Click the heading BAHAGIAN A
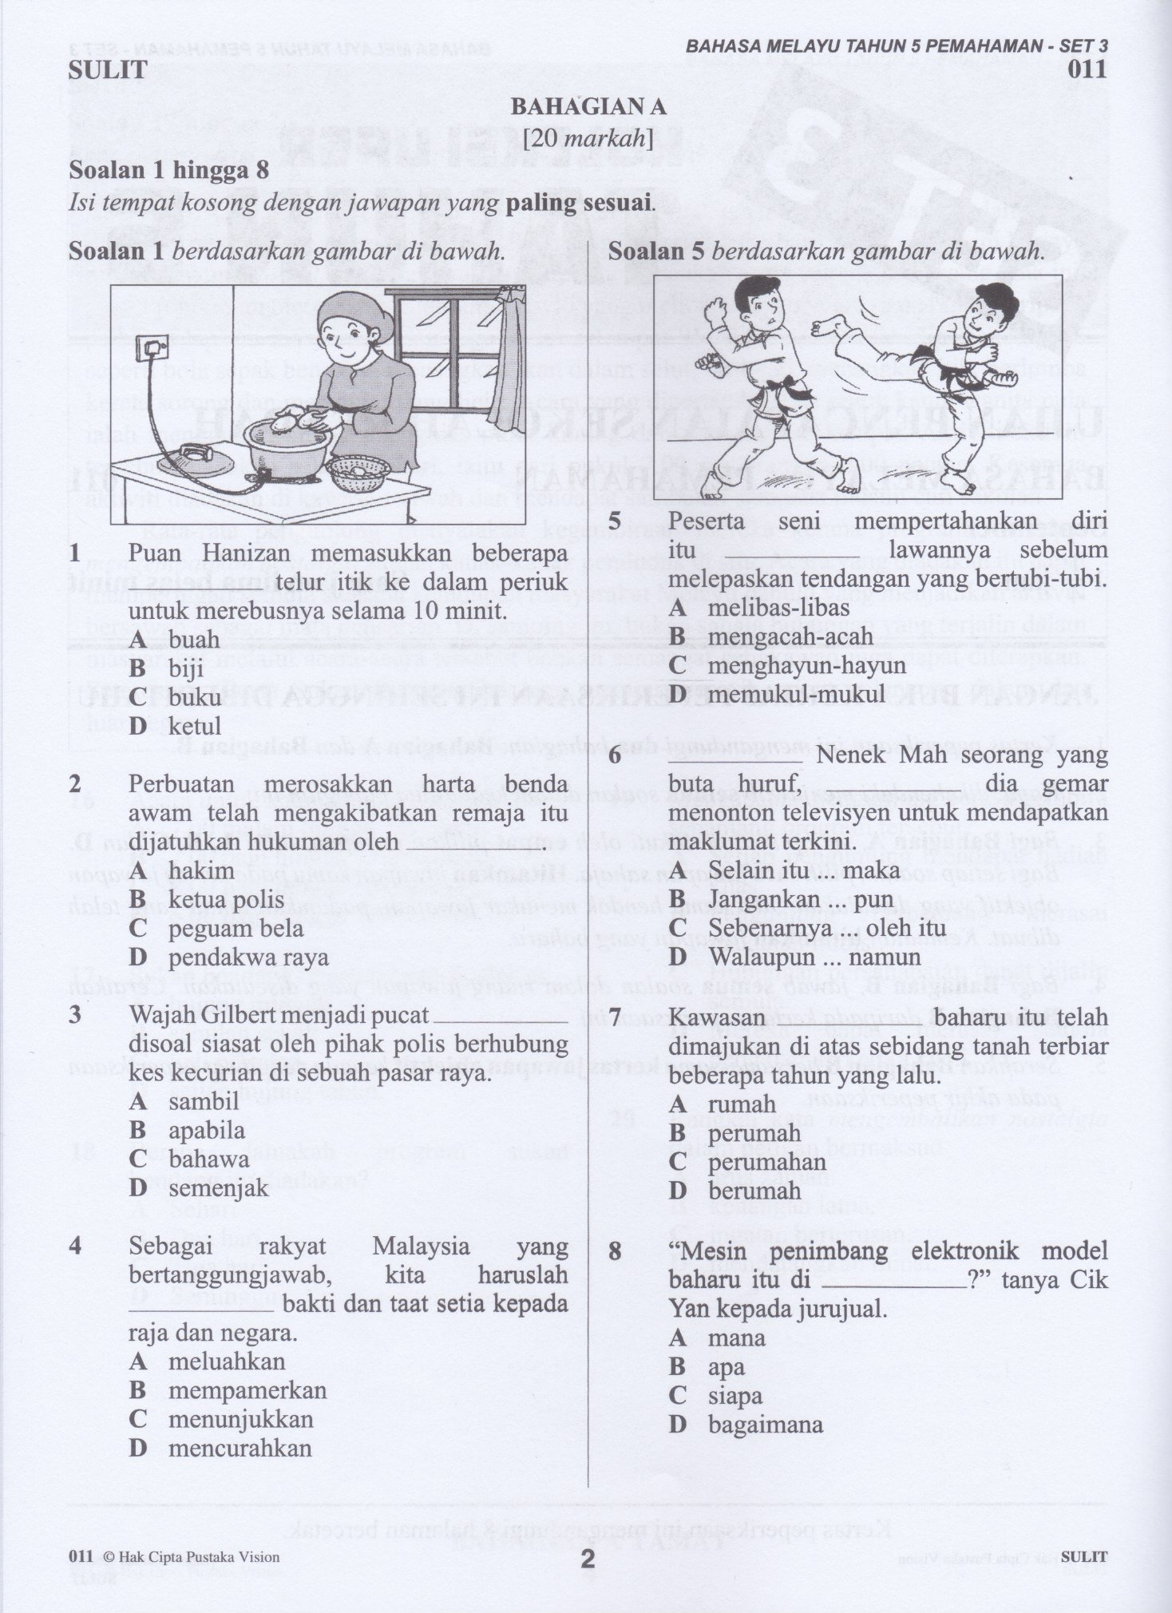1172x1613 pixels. tap(588, 107)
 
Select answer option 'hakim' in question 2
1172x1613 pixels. tap(201, 870)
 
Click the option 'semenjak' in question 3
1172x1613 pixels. tap(218, 1188)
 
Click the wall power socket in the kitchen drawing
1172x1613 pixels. tap(152, 347)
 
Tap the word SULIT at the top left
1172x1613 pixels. tap(109, 69)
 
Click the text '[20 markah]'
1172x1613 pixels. tap(588, 140)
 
